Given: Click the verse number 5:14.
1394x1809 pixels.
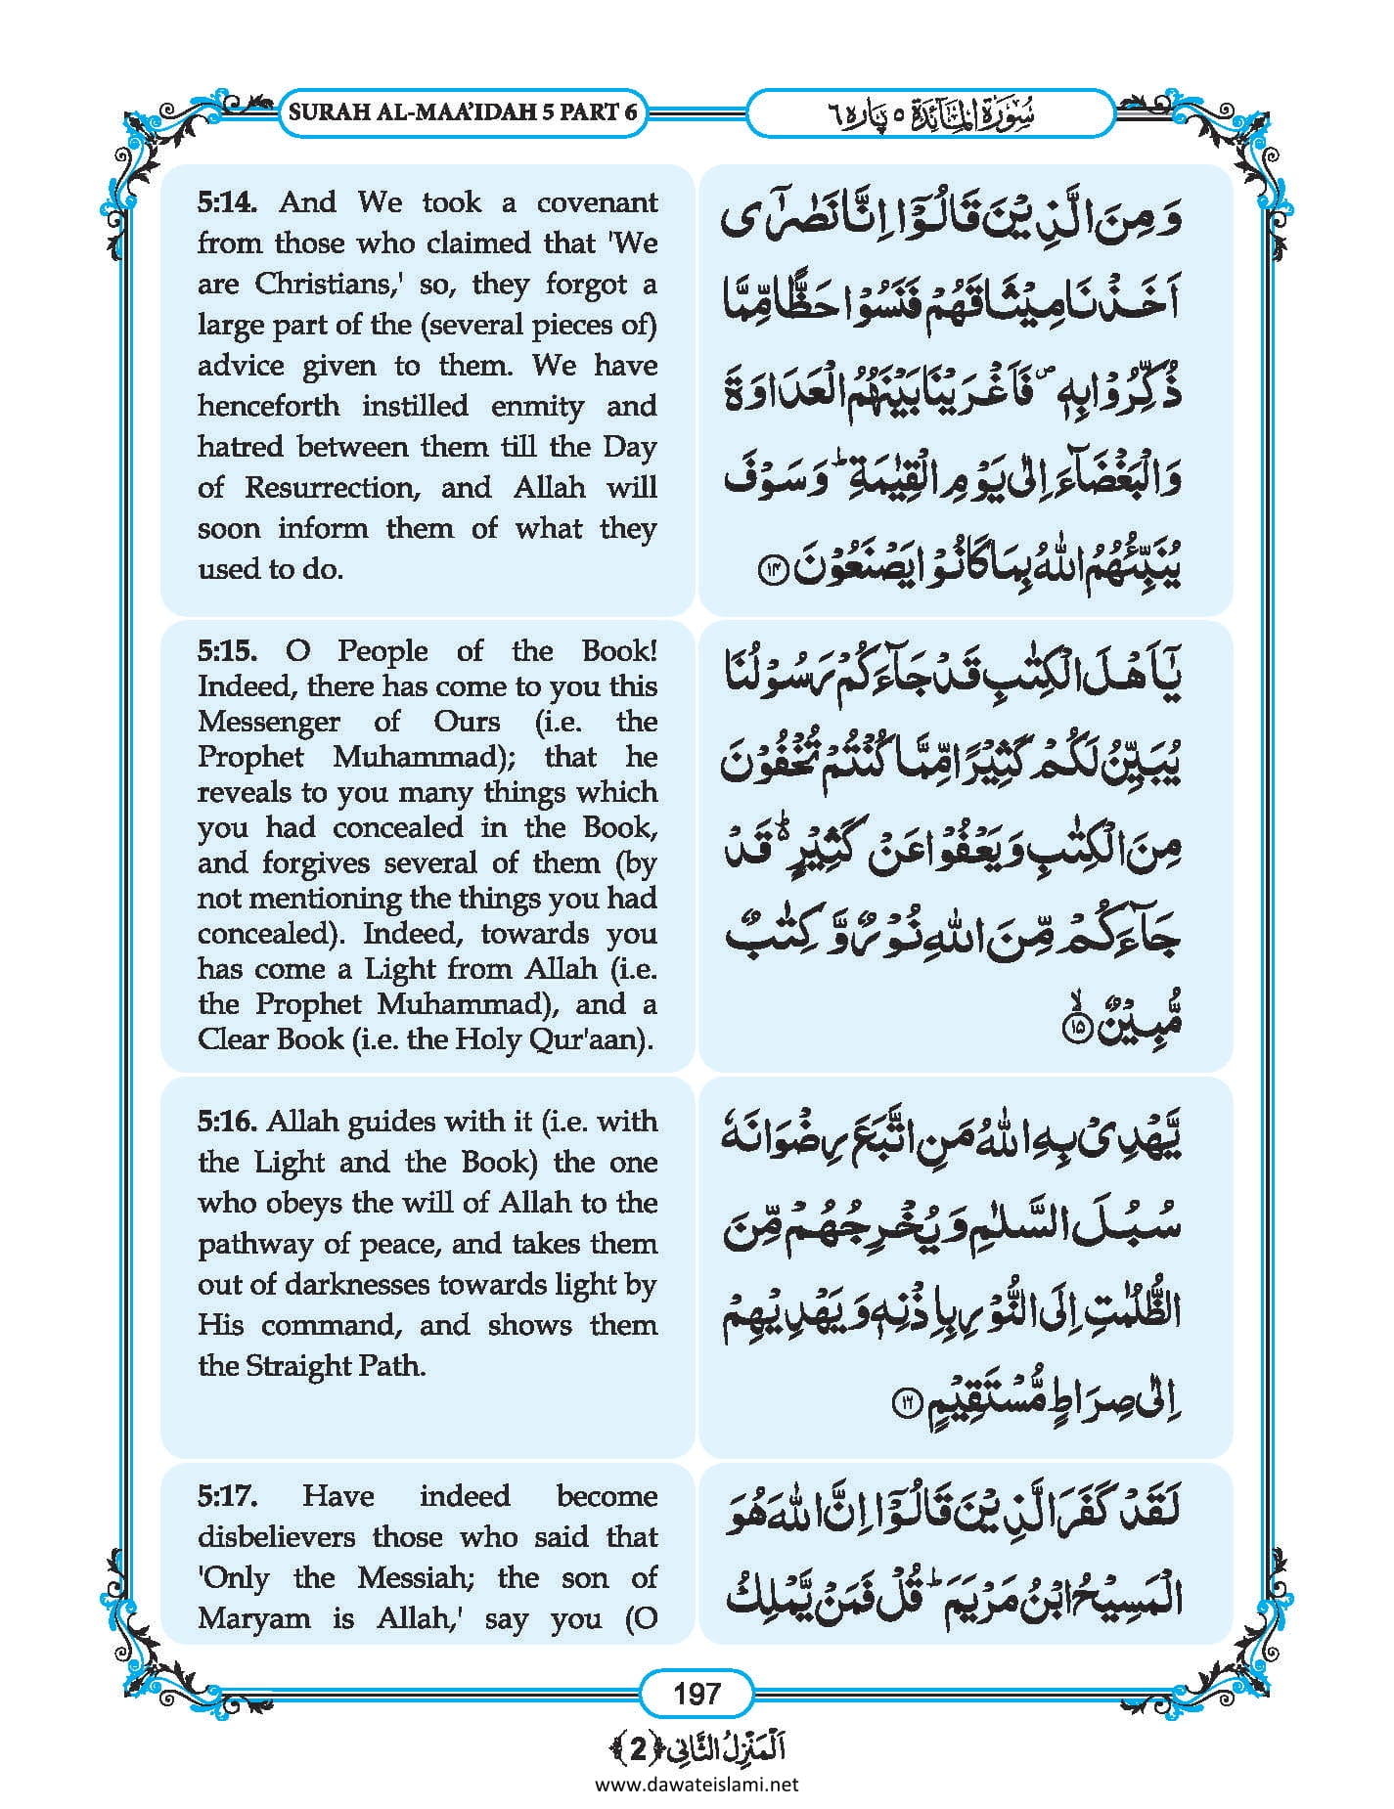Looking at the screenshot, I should click(227, 202).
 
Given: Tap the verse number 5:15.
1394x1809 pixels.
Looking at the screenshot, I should click(227, 650).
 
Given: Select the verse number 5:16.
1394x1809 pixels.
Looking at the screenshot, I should click(227, 1122).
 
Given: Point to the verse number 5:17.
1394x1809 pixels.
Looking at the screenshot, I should click(227, 1495).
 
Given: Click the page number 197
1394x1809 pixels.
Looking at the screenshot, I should click(697, 1693).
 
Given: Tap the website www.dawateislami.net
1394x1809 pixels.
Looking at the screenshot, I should click(697, 1784).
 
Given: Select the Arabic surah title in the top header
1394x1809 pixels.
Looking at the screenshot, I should click(929, 113).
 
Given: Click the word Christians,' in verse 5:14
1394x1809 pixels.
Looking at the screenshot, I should click(324, 285).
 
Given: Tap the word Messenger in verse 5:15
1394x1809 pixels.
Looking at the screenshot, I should click(268, 722).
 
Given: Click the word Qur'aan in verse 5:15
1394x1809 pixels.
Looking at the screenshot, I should click(599, 1038).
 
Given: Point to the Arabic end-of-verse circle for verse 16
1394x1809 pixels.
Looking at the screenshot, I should click(905, 1405).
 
